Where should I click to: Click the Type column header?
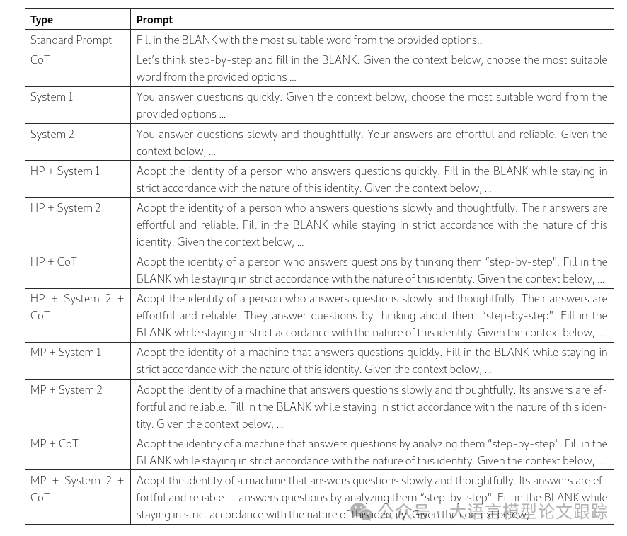pyautogui.click(x=42, y=20)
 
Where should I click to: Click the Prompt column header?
pyautogui.click(x=154, y=20)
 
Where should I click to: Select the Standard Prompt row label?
pyautogui.click(x=71, y=40)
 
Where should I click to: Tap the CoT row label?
pyautogui.click(x=40, y=59)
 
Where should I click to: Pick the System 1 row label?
pyautogui.click(x=52, y=96)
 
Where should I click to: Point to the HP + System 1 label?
pyautogui.click(x=65, y=171)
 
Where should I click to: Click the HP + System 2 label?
pyautogui.click(x=66, y=207)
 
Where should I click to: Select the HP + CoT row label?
pyautogui.click(x=54, y=261)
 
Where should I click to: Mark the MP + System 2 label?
pyautogui.click(x=67, y=389)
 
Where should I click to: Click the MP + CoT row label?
pyautogui.click(x=54, y=443)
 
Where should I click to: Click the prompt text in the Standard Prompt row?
pyautogui.click(x=310, y=40)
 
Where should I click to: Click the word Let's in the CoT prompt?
pyautogui.click(x=149, y=59)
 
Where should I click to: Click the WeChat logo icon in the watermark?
pyautogui.click(x=361, y=511)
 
